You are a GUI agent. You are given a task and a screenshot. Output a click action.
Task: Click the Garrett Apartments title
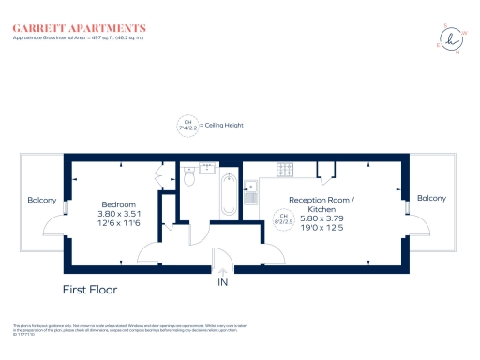click(79, 28)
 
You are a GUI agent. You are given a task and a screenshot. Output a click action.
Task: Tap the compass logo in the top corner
click(454, 39)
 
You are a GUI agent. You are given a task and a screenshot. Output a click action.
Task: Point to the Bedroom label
click(119, 204)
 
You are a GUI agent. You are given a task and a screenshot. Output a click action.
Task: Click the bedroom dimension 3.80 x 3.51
click(119, 214)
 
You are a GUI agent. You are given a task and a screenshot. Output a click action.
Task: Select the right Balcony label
click(431, 198)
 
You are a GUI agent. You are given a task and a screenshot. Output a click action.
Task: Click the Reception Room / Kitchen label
click(322, 204)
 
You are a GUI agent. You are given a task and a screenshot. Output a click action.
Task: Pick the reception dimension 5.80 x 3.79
click(322, 218)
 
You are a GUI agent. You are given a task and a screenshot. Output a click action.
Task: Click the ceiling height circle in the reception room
click(279, 219)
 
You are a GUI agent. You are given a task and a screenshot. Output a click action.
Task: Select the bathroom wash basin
click(207, 170)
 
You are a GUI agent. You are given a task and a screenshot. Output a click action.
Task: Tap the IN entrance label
click(223, 281)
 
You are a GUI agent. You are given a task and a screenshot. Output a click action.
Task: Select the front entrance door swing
click(221, 255)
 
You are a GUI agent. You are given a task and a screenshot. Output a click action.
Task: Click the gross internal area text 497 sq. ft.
click(103, 38)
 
